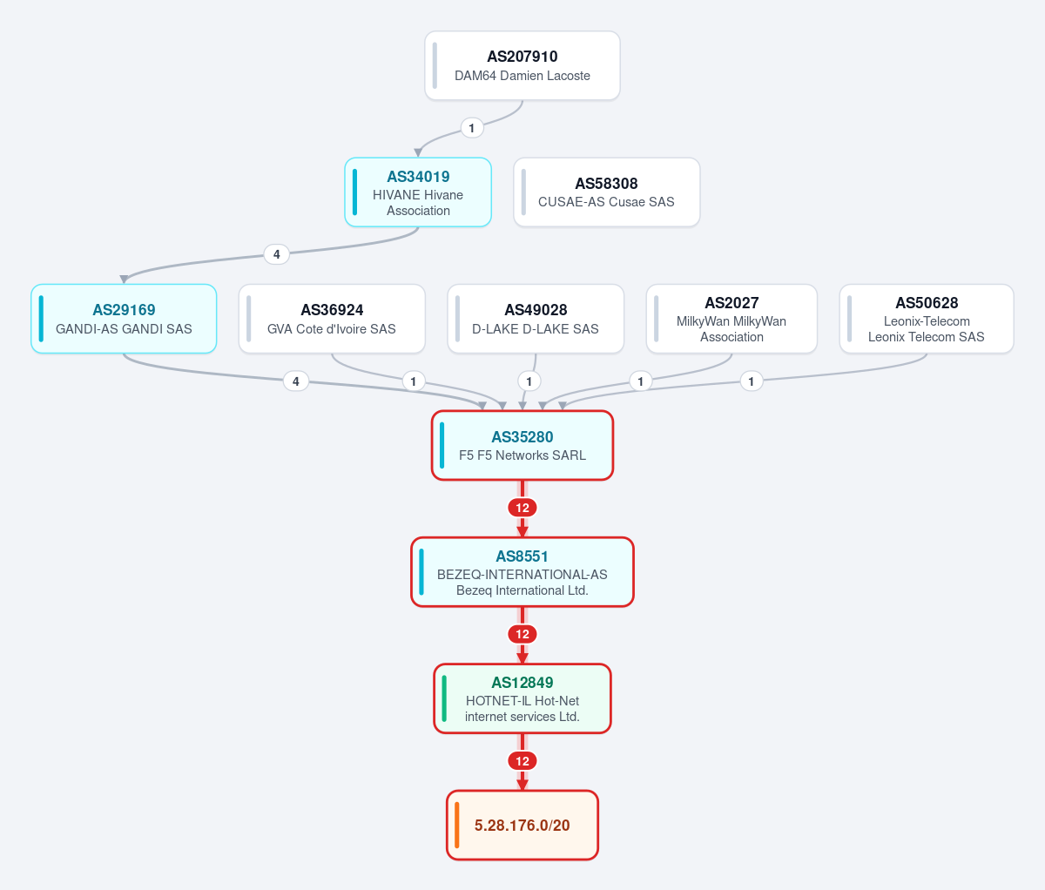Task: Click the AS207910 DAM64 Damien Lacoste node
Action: click(x=522, y=65)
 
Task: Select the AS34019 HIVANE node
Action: click(x=418, y=192)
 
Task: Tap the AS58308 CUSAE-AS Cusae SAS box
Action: click(x=607, y=192)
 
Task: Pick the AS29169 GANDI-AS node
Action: click(x=124, y=319)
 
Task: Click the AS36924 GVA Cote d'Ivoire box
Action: click(x=332, y=319)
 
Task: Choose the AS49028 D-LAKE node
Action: click(x=536, y=319)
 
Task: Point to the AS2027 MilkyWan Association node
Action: click(x=731, y=319)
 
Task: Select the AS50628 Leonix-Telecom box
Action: click(x=927, y=319)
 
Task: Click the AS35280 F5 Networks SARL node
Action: click(x=522, y=445)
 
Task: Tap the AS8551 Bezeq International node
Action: click(x=522, y=572)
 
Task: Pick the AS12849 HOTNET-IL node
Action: click(x=522, y=698)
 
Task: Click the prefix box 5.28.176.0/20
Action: click(x=522, y=825)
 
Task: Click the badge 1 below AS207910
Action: click(x=472, y=128)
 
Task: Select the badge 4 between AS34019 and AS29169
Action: click(x=277, y=254)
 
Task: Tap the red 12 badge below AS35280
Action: click(x=522, y=508)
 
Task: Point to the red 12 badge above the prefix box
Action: click(x=522, y=761)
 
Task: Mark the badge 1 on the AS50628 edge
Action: click(x=752, y=381)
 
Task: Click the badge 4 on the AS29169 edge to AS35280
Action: click(x=296, y=381)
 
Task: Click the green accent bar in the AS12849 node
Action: click(x=444, y=698)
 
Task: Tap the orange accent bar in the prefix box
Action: click(x=457, y=825)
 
